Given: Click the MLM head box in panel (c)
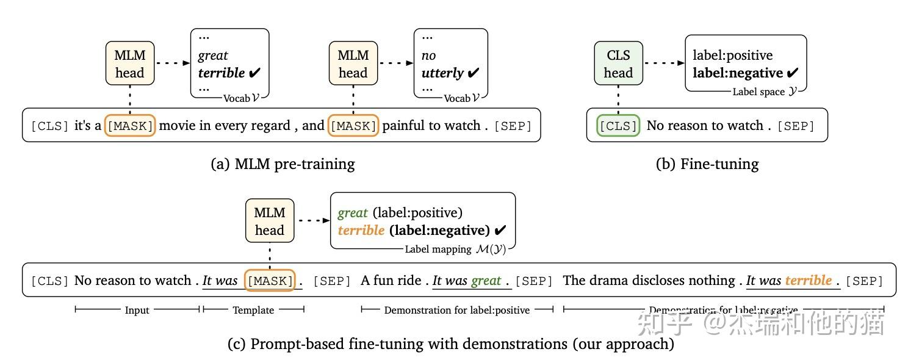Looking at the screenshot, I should click(x=270, y=221).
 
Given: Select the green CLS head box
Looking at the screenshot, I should click(x=618, y=63).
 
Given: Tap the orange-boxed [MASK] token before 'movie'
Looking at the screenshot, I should click(x=131, y=126).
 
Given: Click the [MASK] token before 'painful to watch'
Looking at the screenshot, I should click(x=353, y=126).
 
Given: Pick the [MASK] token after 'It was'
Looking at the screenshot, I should click(x=269, y=281).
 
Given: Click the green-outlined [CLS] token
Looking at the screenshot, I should click(x=618, y=126).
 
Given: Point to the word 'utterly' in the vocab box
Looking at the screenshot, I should click(x=442, y=73).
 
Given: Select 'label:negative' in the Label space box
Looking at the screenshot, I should click(x=737, y=73).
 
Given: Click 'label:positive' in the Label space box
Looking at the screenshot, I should click(x=732, y=55).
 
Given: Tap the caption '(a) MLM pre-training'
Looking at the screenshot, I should click(x=282, y=164).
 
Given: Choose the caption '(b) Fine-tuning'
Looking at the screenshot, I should click(x=707, y=164).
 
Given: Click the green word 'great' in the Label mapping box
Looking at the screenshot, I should click(x=352, y=212).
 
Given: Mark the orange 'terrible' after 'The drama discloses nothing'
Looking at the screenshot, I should click(x=808, y=280).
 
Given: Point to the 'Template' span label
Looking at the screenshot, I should click(x=253, y=310).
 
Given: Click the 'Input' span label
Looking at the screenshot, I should click(x=137, y=310).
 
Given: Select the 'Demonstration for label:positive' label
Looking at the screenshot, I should click(x=456, y=310).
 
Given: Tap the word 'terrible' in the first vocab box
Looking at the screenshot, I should click(x=221, y=73).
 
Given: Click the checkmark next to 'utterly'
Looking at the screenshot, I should click(x=473, y=73).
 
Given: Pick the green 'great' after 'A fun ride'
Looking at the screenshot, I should click(x=486, y=280).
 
